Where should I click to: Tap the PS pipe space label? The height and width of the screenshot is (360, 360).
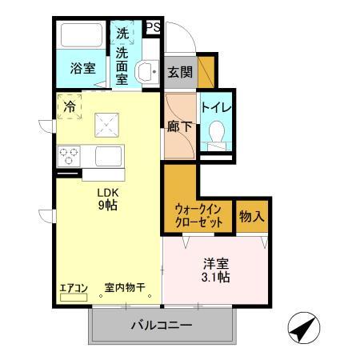click(x=153, y=28)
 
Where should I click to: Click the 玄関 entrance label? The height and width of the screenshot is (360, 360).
click(x=178, y=72)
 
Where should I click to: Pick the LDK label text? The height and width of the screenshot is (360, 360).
click(x=107, y=192)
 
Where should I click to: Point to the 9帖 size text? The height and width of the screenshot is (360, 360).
click(x=107, y=206)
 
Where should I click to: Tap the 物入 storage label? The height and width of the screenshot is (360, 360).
click(x=251, y=215)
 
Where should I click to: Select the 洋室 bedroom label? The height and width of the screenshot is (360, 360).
click(x=214, y=262)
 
